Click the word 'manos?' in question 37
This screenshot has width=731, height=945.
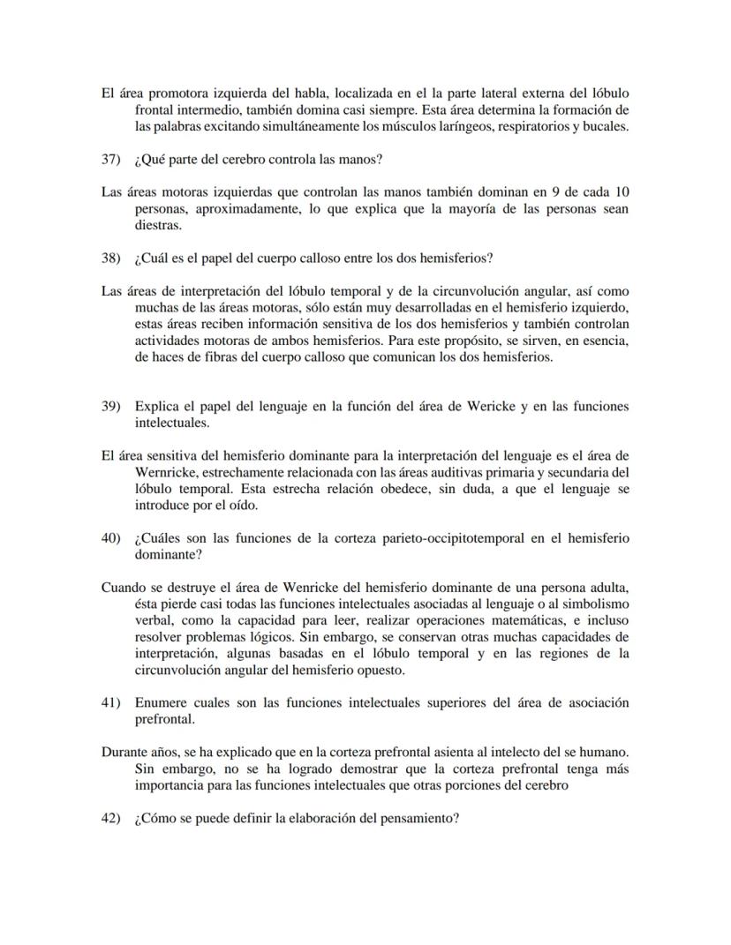point(359,160)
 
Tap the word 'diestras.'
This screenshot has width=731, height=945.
point(157,225)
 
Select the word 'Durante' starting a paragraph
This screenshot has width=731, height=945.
point(124,753)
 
